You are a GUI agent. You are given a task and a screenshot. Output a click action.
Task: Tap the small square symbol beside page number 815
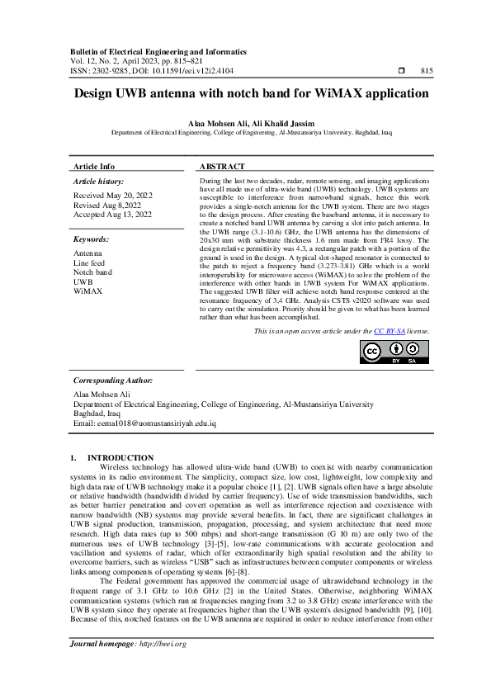tap(401, 72)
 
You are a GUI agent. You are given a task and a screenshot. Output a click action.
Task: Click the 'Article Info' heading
tap(94, 166)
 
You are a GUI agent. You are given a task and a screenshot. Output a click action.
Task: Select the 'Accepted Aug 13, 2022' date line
tap(112, 215)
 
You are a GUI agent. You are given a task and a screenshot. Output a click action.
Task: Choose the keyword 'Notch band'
tap(92, 272)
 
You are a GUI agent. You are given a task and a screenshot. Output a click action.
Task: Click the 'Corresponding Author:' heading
tap(113, 381)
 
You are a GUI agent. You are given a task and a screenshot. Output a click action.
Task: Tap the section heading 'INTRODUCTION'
tap(120, 457)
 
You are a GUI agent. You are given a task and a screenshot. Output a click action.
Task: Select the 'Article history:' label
tap(98, 180)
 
